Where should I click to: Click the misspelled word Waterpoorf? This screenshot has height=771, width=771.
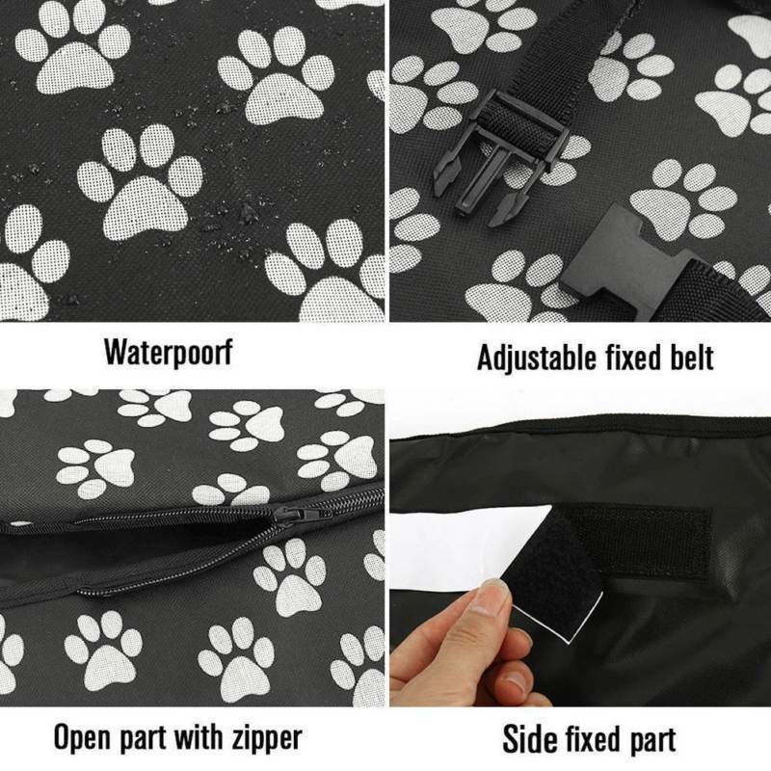click(x=168, y=352)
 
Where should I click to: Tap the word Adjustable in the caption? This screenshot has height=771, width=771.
click(x=534, y=358)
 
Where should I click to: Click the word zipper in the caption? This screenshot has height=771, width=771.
click(x=259, y=738)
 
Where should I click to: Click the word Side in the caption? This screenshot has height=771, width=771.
click(x=529, y=739)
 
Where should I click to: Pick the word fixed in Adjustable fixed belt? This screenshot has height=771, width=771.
click(x=625, y=358)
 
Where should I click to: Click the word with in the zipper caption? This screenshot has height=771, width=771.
click(x=199, y=738)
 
